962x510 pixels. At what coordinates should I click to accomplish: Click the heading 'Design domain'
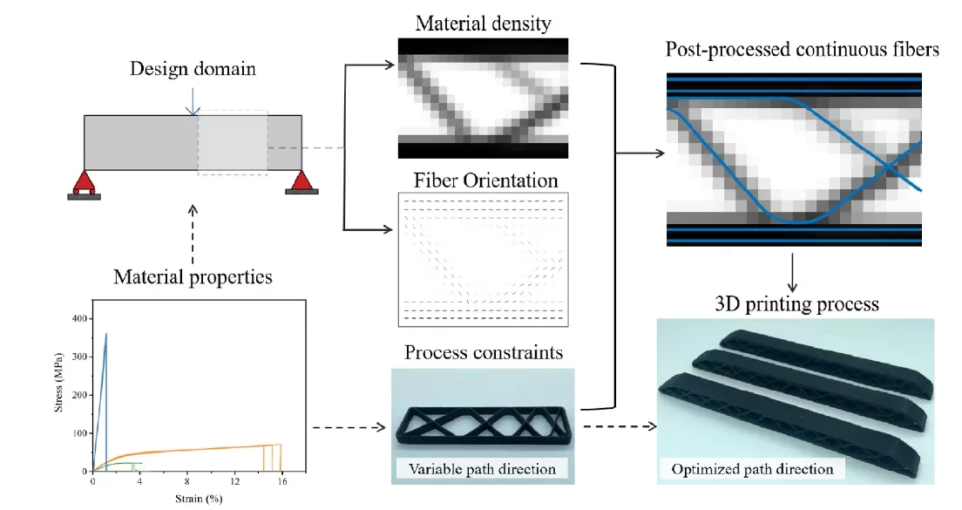point(193,68)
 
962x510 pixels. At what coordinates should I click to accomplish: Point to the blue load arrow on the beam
point(193,105)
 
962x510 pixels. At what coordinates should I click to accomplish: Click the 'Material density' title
point(483,24)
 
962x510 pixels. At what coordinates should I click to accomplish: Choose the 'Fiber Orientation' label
point(483,181)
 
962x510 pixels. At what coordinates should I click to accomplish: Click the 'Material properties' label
point(193,277)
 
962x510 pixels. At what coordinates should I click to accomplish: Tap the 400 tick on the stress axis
point(83,319)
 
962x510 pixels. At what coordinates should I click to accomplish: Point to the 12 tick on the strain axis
point(234,482)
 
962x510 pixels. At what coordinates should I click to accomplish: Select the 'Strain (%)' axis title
point(199,498)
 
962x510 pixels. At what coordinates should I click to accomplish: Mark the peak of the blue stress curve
point(106,333)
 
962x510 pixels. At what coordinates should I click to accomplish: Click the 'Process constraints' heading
point(483,353)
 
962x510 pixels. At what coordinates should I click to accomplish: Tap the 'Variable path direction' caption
point(482,469)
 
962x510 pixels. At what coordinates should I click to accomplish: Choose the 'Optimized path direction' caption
point(752,469)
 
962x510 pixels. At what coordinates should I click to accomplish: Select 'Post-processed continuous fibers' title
point(802,50)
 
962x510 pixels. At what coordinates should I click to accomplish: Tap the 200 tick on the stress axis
point(83,395)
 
